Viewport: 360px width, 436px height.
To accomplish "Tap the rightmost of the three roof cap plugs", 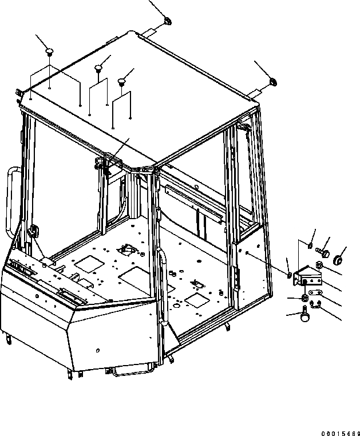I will coord(121,82).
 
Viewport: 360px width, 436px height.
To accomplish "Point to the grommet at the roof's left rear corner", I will coord(167,22).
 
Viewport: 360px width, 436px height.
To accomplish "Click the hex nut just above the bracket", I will coord(319,264).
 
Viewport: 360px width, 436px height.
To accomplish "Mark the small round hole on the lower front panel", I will coord(98,350).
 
